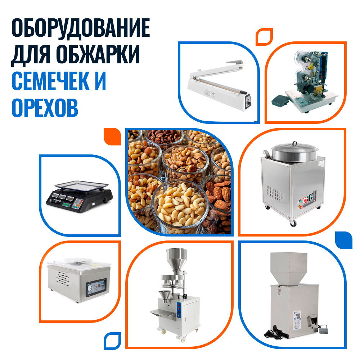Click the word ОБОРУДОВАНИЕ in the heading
point(81,28)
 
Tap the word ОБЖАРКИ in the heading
point(98,54)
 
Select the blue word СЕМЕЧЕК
point(50,81)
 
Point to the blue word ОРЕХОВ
point(45,107)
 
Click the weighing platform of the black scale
point(81,185)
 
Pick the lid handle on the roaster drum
point(294,143)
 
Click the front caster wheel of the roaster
point(293,224)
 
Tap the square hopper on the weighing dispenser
point(289,269)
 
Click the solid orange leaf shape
point(112,136)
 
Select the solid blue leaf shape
point(343,240)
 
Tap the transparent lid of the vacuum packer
point(78,264)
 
